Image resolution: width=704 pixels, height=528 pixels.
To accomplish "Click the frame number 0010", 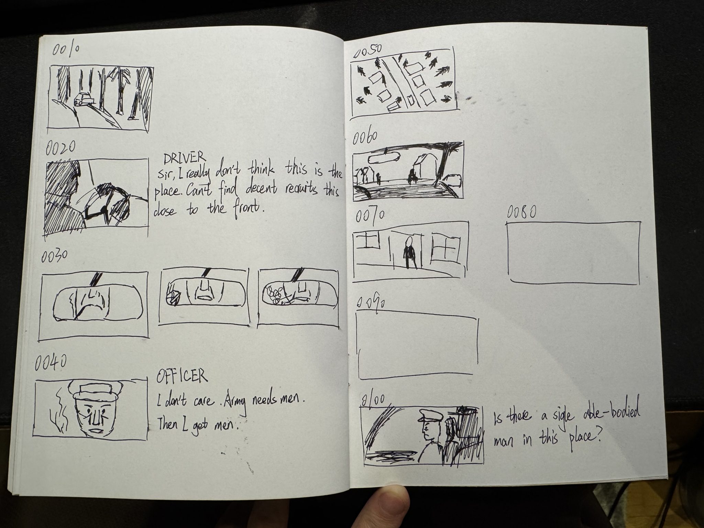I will click(66, 51).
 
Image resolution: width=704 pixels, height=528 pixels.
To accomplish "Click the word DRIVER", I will click(184, 158).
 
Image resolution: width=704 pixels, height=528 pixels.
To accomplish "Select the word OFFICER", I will click(182, 376).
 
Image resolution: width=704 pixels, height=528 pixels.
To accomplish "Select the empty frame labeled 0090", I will click(418, 344).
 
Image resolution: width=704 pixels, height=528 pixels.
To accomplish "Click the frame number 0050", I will click(368, 51).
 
